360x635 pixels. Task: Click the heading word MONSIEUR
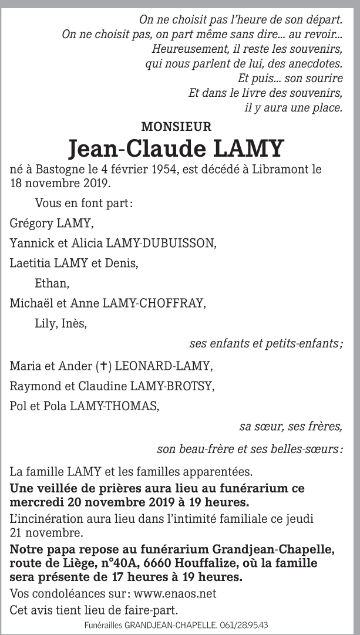pos(176,126)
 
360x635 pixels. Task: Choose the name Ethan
pos(52,283)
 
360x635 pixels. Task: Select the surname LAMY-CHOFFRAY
pos(154,303)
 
